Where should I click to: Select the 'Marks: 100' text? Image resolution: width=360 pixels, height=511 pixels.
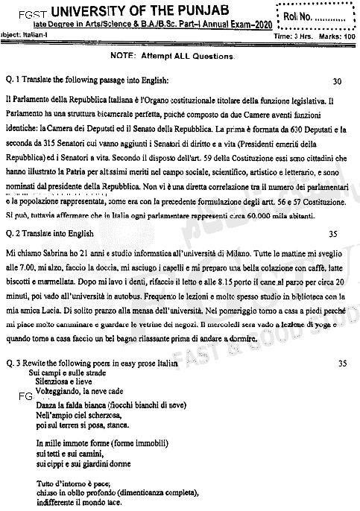pos(335,36)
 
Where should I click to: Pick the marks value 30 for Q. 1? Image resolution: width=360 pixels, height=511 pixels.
pos(337,80)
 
